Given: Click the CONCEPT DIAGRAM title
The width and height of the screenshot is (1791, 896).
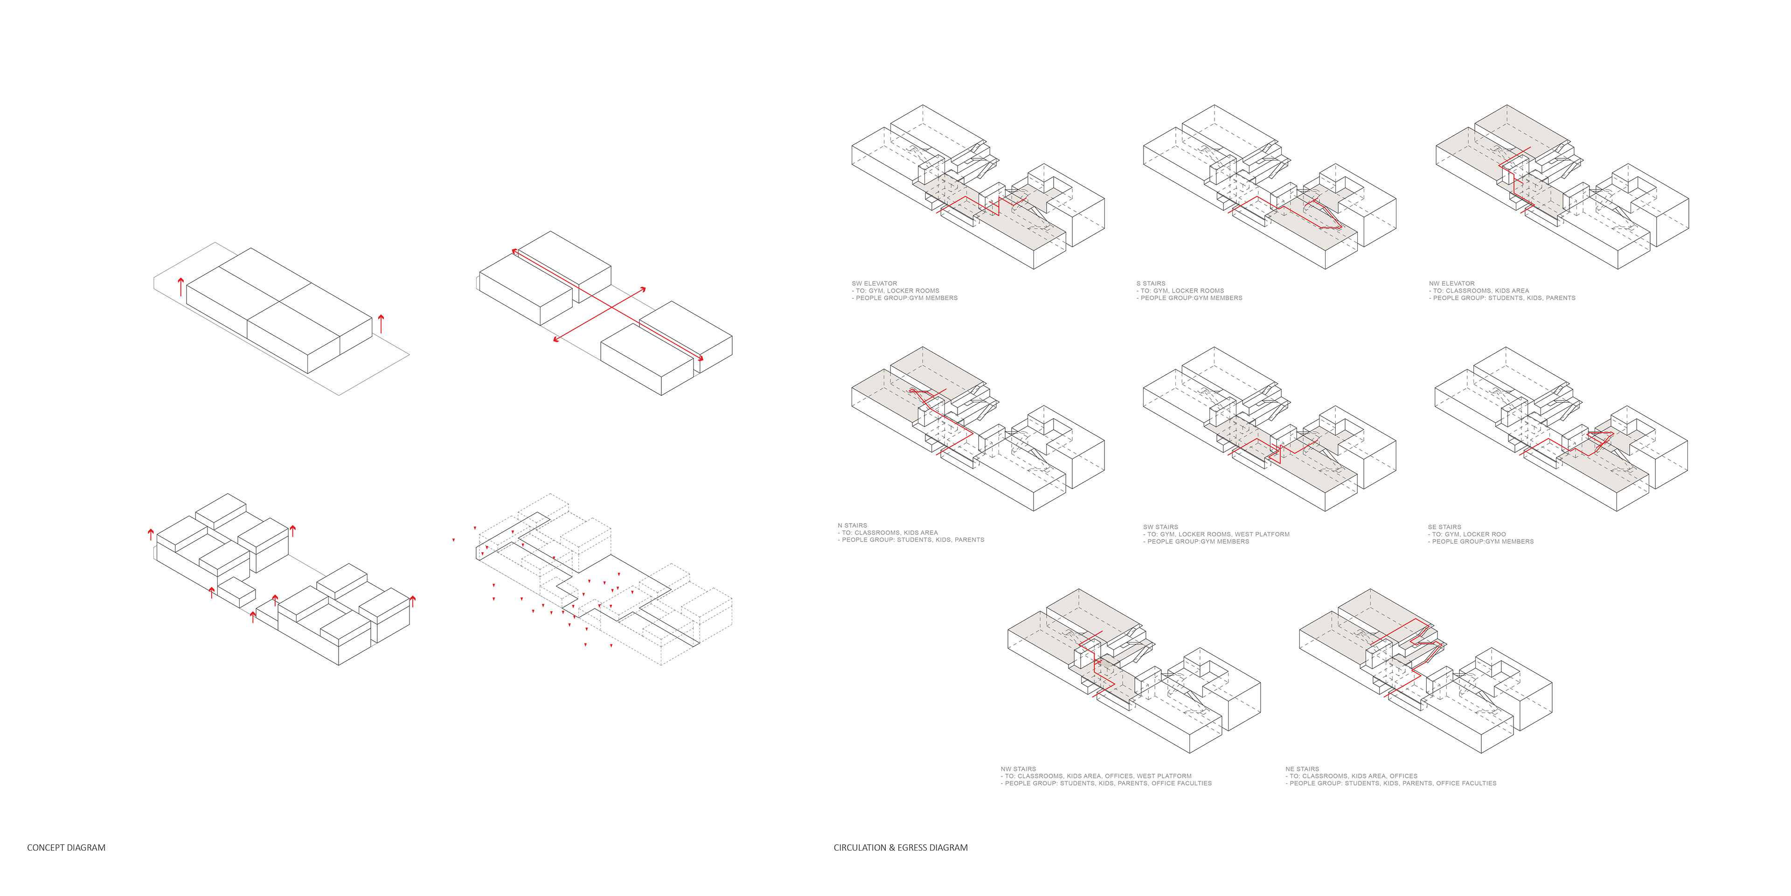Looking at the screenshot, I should (66, 847).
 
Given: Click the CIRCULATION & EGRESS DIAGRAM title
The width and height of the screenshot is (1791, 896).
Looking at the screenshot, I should (900, 847).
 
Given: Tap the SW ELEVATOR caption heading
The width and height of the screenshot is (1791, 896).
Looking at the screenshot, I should (874, 284).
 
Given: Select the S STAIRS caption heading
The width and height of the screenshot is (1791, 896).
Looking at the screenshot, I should (1151, 284).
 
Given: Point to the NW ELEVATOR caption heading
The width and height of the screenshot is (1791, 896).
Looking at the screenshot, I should (1452, 284).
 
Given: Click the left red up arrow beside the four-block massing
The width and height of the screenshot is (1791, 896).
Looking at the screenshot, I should (181, 286).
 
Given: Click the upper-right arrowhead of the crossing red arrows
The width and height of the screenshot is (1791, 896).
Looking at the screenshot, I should (643, 289).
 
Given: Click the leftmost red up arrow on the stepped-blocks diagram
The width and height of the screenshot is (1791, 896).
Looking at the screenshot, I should (151, 534).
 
